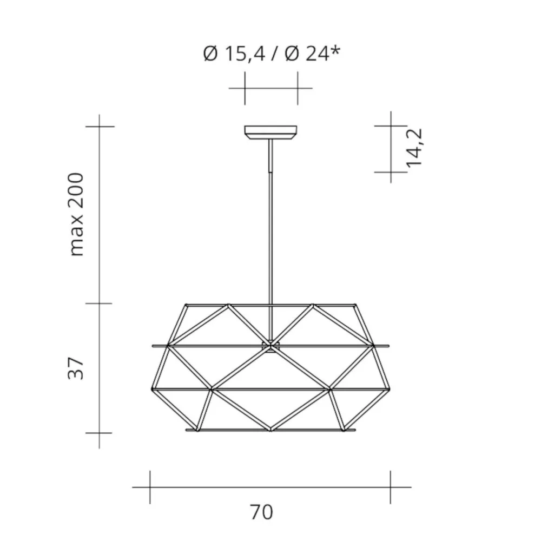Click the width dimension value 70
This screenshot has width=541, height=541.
pyautogui.click(x=262, y=512)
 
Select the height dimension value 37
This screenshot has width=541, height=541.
pyautogui.click(x=77, y=368)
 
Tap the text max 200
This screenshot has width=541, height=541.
pyautogui.click(x=77, y=214)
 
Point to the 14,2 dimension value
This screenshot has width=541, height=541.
pyautogui.click(x=415, y=147)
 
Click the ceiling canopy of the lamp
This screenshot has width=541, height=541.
pyautogui.click(x=270, y=132)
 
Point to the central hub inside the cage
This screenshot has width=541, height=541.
pyautogui.click(x=270, y=345)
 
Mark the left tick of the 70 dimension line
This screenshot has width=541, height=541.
pyautogui.click(x=150, y=487)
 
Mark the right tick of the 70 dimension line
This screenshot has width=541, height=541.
pyautogui.click(x=390, y=487)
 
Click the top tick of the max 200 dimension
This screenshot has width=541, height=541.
pyautogui.click(x=100, y=126)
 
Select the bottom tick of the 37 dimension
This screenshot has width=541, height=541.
pyautogui.click(x=100, y=433)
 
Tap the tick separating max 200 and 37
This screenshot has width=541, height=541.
pyautogui.click(x=100, y=304)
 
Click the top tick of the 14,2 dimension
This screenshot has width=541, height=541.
pyautogui.click(x=391, y=126)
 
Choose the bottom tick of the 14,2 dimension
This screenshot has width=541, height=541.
pyautogui.click(x=391, y=172)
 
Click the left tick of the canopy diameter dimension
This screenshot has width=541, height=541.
pyautogui.click(x=245, y=87)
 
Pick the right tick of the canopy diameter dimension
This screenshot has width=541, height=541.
pyautogui.click(x=297, y=87)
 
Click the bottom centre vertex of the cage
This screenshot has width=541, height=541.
pyautogui.click(x=270, y=431)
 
